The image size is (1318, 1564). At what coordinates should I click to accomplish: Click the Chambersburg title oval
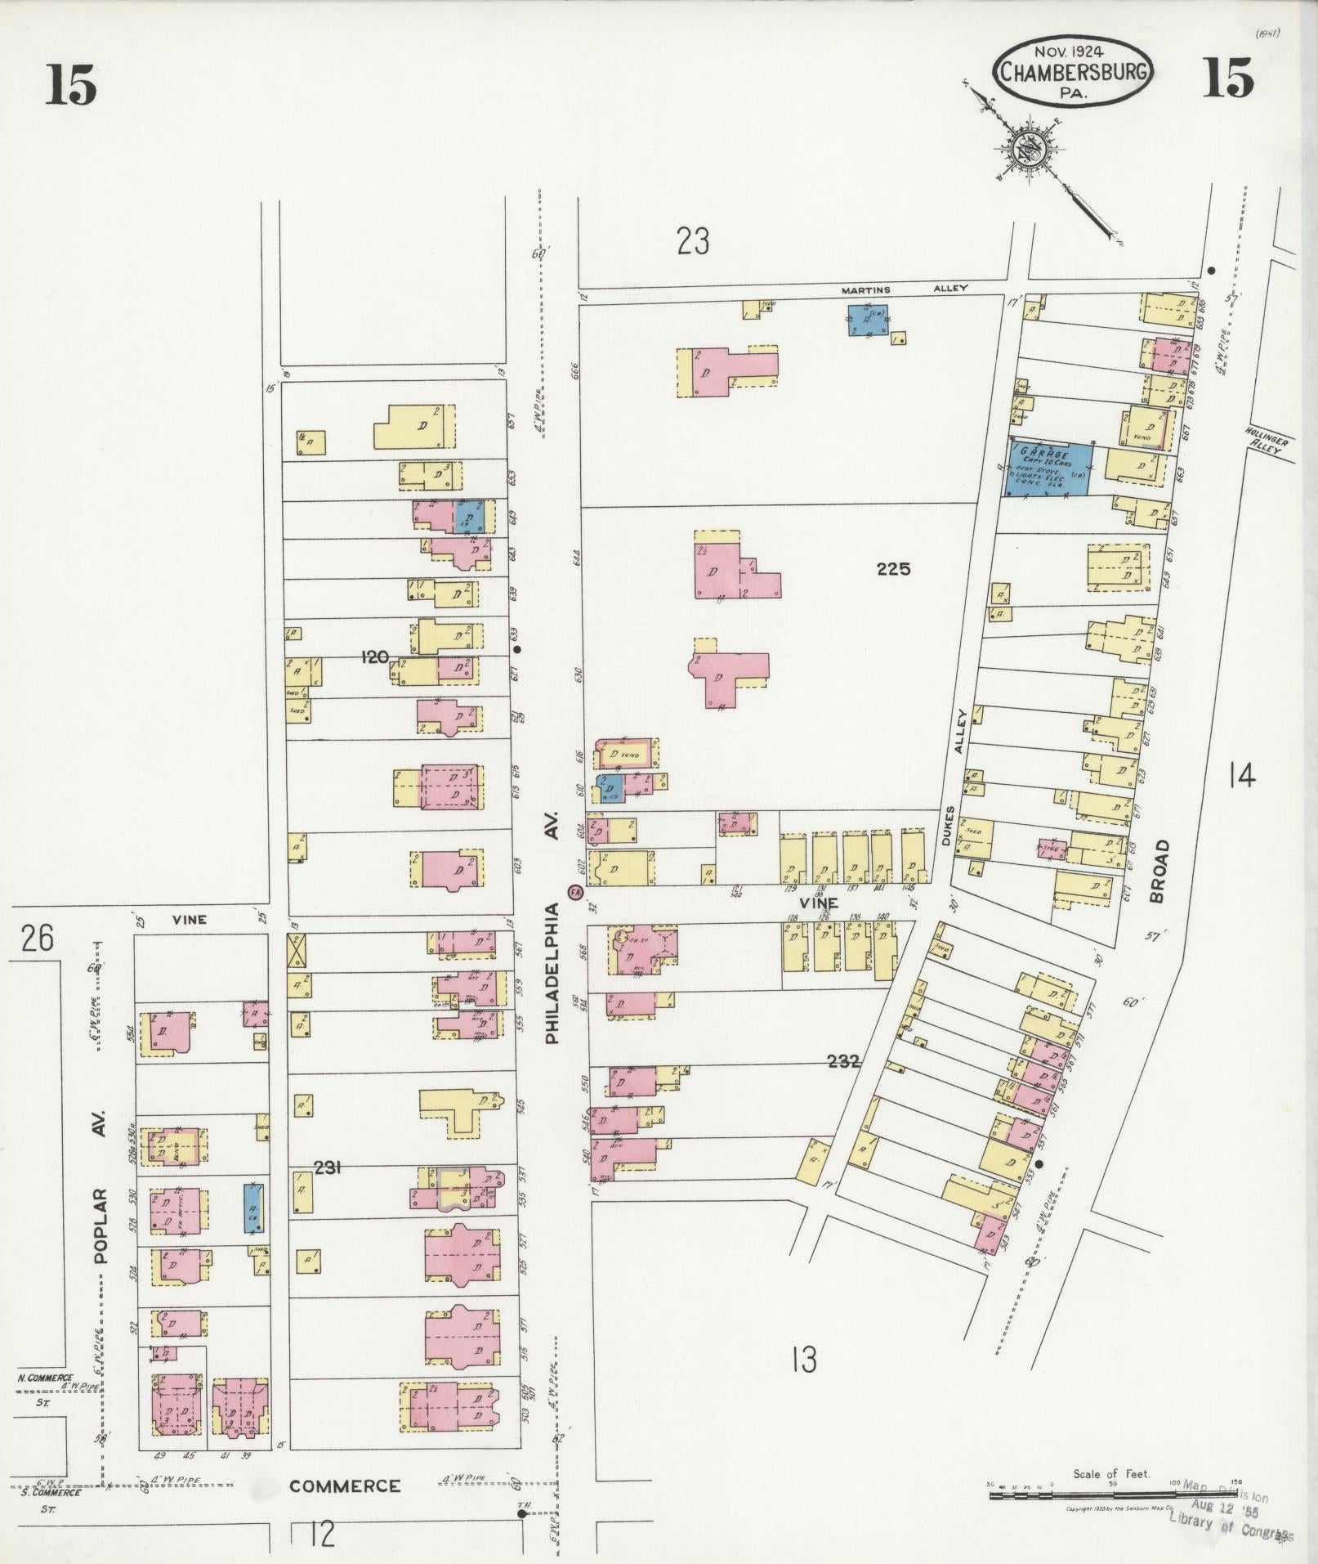coord(1072,71)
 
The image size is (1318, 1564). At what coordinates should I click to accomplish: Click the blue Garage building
coord(1048,469)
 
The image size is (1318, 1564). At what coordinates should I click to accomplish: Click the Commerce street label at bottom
coord(345,1486)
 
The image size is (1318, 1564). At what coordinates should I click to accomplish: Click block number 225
coord(893,569)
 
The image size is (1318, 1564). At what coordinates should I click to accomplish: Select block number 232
coord(843,1061)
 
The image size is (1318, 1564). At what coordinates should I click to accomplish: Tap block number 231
coord(327,1168)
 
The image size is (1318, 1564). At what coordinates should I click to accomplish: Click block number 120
coord(375,656)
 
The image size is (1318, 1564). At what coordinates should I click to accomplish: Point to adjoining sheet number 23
coord(692,241)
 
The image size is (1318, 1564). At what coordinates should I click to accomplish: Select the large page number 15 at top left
coord(72,85)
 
